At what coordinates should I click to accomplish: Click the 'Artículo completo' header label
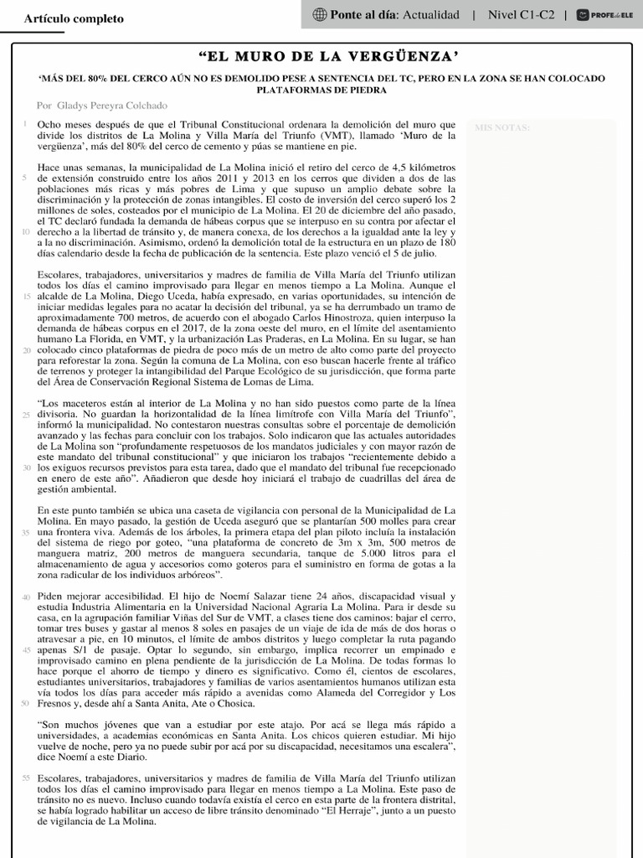[x=74, y=18]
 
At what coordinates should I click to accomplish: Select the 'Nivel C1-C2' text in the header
[x=521, y=14]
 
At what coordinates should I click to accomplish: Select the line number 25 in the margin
[x=25, y=415]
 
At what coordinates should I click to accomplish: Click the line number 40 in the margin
[x=25, y=597]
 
